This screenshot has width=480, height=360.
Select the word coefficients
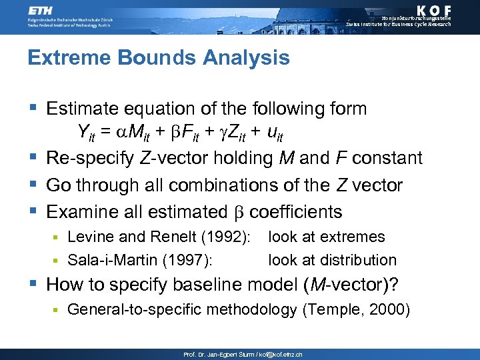coord(295,212)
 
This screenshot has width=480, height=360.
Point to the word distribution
coord(359,260)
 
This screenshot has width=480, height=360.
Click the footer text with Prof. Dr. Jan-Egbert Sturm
coord(243,355)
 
